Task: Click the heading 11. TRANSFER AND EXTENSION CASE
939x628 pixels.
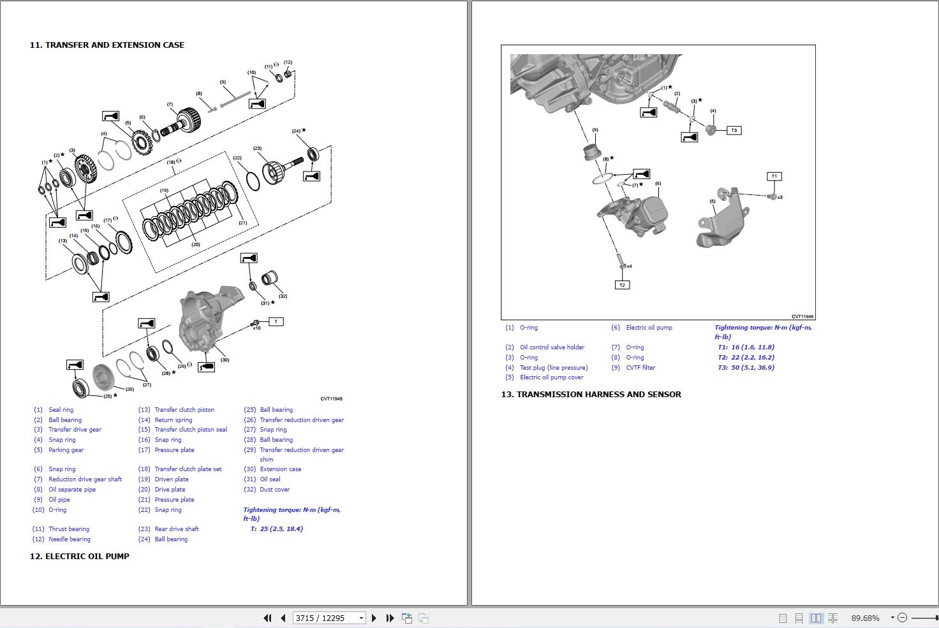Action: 107,45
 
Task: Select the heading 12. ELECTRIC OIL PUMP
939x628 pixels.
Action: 79,556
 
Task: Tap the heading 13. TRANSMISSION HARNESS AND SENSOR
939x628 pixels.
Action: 591,395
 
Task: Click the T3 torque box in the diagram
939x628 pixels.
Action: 734,131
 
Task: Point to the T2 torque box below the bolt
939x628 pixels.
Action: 622,285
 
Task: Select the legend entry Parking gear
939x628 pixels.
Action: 66,450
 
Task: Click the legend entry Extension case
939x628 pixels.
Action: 280,469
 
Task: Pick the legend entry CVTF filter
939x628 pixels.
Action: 640,368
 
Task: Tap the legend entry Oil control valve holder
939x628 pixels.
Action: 552,347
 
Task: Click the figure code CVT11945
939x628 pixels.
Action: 331,399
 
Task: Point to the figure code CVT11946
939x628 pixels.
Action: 802,316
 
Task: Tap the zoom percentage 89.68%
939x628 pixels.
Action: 865,618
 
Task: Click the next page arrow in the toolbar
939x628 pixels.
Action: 374,618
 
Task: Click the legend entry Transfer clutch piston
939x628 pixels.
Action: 184,410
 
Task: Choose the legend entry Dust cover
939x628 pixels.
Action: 274,490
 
